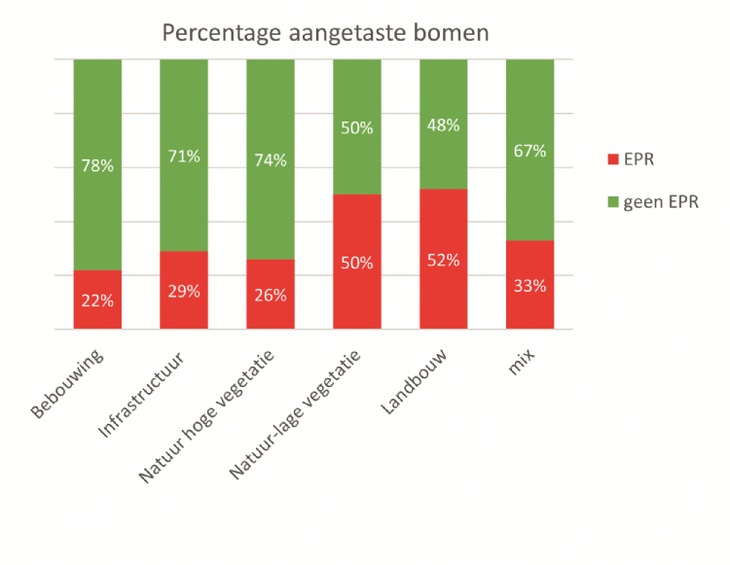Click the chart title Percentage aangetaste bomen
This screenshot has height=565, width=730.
(325, 32)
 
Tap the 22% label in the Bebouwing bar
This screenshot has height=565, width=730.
(97, 300)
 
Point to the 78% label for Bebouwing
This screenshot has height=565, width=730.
(97, 165)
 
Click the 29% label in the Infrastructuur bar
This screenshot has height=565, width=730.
(184, 291)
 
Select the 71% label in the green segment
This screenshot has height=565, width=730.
(184, 156)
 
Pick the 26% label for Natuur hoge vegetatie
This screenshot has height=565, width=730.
(271, 295)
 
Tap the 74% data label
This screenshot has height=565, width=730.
(271, 159)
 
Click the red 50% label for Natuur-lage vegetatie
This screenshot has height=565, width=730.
(357, 263)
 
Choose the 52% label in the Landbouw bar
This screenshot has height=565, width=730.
(444, 260)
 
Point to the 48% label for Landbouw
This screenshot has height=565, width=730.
(444, 124)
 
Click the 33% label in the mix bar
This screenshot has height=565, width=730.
(530, 286)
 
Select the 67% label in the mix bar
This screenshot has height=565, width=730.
(530, 151)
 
